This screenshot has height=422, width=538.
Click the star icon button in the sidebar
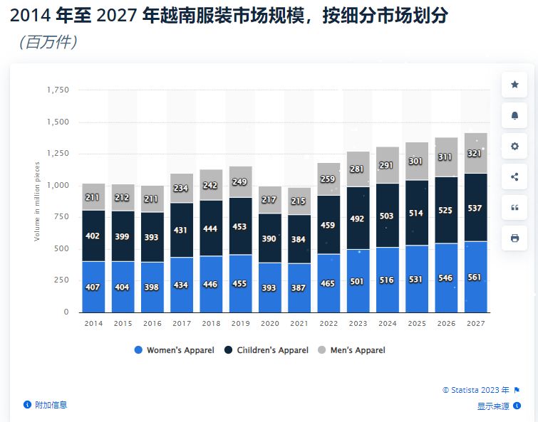tap(514, 85)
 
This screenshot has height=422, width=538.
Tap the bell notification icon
tap(514, 115)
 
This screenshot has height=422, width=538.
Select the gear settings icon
tap(514, 146)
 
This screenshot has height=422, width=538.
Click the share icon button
tap(514, 176)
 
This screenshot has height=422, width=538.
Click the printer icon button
tap(514, 238)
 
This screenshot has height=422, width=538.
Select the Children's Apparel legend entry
tap(267, 350)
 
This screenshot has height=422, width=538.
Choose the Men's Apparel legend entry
tap(354, 350)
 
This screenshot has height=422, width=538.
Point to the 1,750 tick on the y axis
tap(58, 90)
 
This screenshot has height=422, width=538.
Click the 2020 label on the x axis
tap(270, 323)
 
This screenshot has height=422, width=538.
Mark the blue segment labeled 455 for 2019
tap(241, 283)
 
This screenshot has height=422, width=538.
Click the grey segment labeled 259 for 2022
tap(329, 179)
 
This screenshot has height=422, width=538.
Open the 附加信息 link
tap(50, 405)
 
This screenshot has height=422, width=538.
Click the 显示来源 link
tap(493, 406)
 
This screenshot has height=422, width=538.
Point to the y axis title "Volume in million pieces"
tap(37, 201)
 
